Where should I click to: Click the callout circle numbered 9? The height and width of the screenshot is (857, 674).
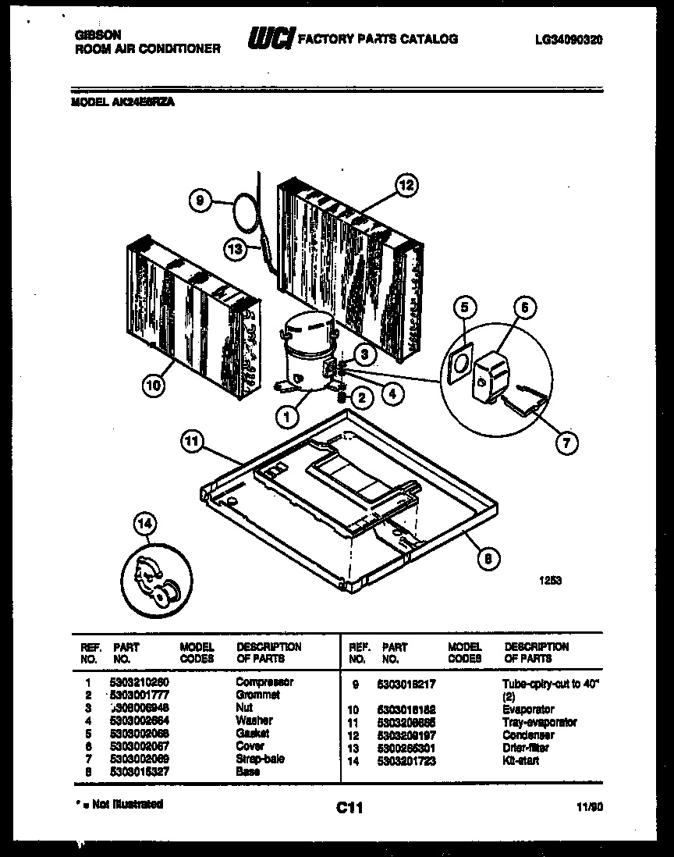tap(200, 202)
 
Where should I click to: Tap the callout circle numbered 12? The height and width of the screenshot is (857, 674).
tap(406, 185)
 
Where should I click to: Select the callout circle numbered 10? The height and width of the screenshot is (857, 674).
tap(154, 384)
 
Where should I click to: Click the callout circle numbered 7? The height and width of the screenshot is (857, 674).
tap(566, 443)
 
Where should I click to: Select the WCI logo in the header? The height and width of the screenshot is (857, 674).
tap(271, 38)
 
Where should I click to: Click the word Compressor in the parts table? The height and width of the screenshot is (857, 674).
tap(264, 681)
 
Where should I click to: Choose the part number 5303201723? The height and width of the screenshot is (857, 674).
tap(409, 760)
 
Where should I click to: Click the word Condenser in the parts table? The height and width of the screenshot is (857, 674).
tap(528, 735)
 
